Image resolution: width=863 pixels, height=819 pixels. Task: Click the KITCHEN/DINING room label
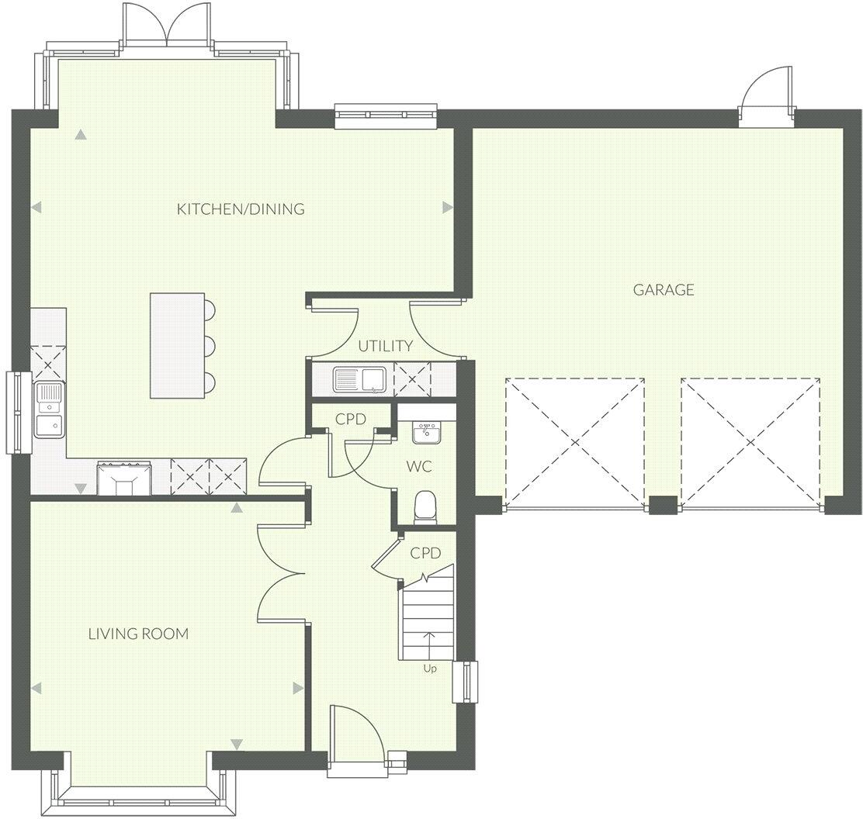[x=241, y=209]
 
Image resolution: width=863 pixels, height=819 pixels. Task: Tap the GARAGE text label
[x=664, y=290]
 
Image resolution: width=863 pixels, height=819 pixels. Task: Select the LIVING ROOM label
[x=138, y=634]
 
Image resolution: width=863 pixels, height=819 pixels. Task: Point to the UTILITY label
[x=385, y=346]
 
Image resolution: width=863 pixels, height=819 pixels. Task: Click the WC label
[x=419, y=468]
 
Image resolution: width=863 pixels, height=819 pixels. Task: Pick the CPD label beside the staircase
[x=425, y=553]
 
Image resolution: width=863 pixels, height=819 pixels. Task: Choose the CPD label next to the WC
[x=351, y=419]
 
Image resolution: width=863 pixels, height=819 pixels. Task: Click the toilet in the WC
[x=425, y=507]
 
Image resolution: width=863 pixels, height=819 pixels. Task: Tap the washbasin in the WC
[x=425, y=433]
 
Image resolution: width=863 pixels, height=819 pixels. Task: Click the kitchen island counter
[x=177, y=345]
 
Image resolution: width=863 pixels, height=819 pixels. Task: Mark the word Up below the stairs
[x=429, y=668]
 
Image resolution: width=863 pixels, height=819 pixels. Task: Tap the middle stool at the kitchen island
[x=210, y=345]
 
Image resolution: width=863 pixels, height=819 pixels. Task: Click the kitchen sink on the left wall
[x=50, y=409]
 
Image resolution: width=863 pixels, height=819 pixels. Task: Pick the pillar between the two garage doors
[x=663, y=505]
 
